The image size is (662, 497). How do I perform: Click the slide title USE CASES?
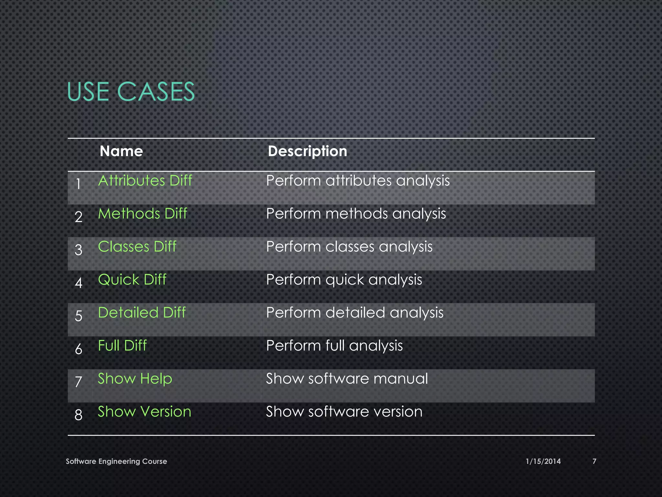pyautogui.click(x=131, y=92)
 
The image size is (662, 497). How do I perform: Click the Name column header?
pyautogui.click(x=121, y=151)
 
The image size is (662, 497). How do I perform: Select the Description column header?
pyautogui.click(x=307, y=151)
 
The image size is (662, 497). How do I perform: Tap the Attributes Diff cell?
pyautogui.click(x=145, y=181)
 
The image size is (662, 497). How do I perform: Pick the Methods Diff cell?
pyautogui.click(x=143, y=214)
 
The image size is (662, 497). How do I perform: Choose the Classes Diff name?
pyautogui.click(x=137, y=247)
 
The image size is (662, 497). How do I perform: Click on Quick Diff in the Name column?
pyautogui.click(x=132, y=280)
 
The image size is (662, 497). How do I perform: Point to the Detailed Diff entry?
pyautogui.click(x=142, y=313)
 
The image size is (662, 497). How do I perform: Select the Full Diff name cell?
pyautogui.click(x=122, y=346)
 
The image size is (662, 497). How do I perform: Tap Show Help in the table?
pyautogui.click(x=135, y=379)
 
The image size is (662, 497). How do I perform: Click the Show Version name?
pyautogui.click(x=144, y=412)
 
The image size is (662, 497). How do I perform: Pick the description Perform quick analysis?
pyautogui.click(x=344, y=280)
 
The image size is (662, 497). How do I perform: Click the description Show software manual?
pyautogui.click(x=347, y=379)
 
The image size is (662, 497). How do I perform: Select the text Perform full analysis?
pyautogui.click(x=334, y=346)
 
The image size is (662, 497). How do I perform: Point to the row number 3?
pyautogui.click(x=79, y=250)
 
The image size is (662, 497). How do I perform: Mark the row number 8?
pyautogui.click(x=79, y=415)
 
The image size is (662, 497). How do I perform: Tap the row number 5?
pyautogui.click(x=79, y=316)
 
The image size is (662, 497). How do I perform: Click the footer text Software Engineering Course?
pyautogui.click(x=116, y=461)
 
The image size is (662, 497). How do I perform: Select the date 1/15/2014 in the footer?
pyautogui.click(x=543, y=461)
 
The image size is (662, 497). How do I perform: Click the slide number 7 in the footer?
pyautogui.click(x=594, y=461)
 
